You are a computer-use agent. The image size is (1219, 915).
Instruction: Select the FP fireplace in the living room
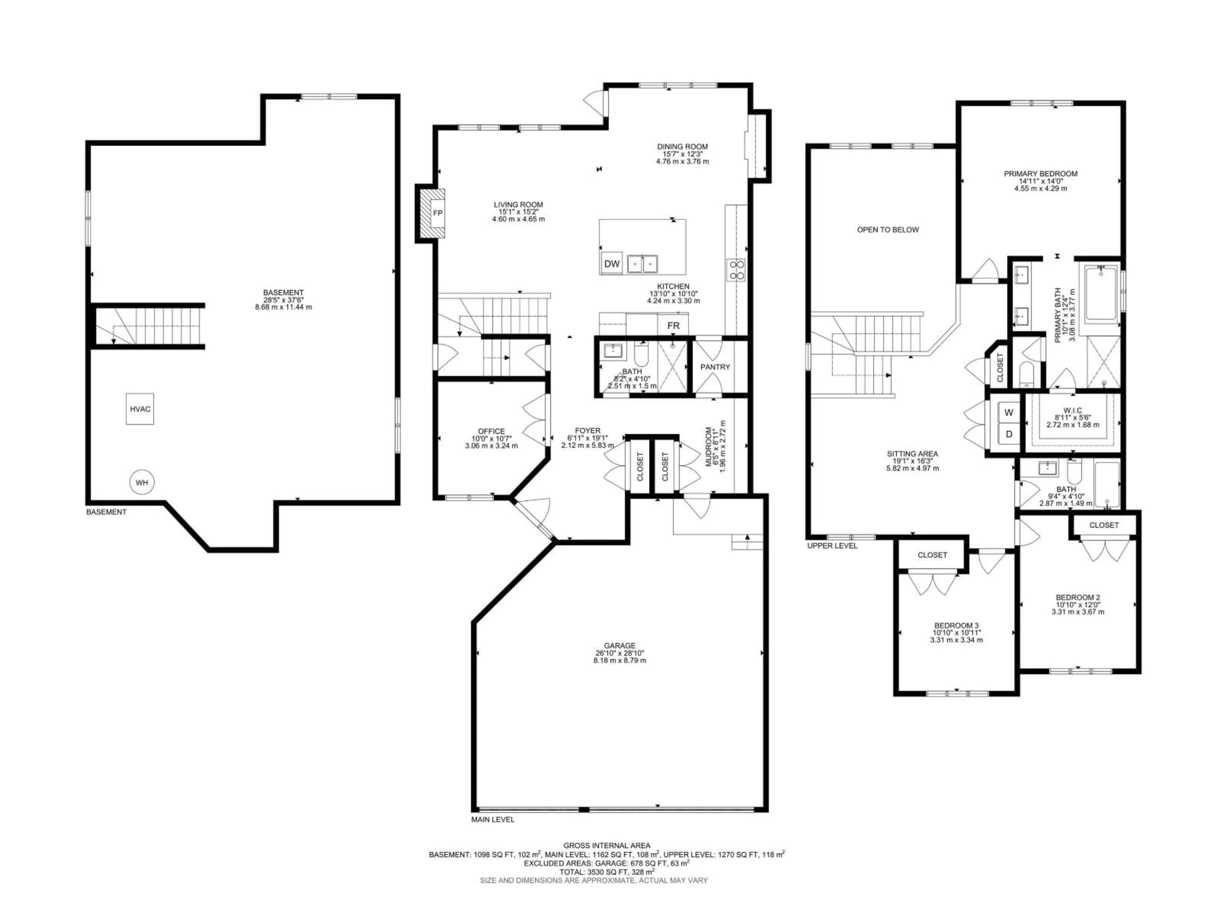(x=437, y=213)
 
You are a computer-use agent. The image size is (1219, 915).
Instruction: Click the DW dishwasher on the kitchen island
(x=612, y=264)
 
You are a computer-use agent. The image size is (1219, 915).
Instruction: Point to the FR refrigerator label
(x=673, y=325)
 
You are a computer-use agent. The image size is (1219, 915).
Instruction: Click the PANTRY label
(x=715, y=367)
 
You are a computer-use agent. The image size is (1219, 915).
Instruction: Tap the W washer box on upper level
(x=1009, y=412)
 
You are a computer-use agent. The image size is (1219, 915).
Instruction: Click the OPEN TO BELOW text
(x=888, y=229)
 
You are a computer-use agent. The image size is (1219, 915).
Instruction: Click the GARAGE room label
(x=619, y=645)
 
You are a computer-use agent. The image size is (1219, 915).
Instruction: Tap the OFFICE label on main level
(x=491, y=431)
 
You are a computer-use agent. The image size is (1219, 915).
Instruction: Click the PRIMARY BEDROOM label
(x=1040, y=173)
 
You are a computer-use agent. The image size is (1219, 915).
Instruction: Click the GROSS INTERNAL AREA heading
(x=606, y=845)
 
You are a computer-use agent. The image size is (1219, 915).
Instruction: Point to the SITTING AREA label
(x=912, y=454)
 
